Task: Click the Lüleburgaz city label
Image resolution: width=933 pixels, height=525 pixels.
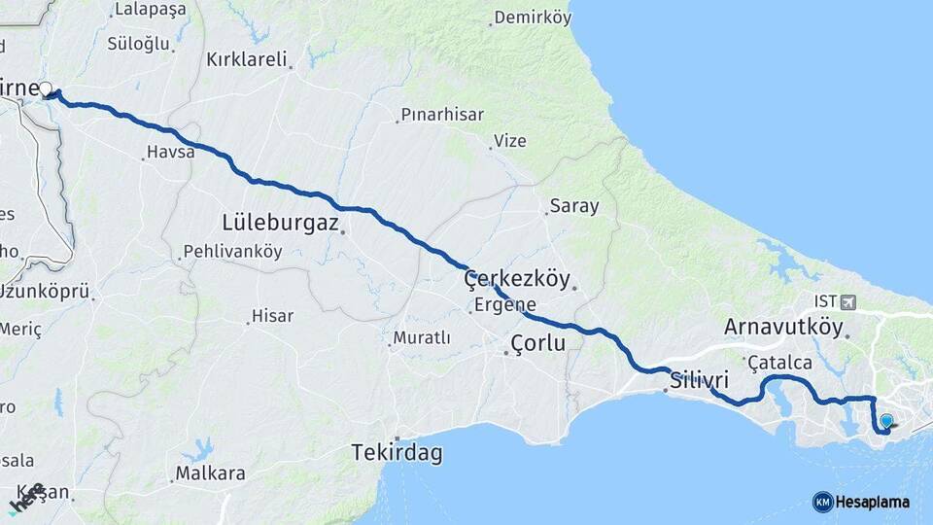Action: [280, 222]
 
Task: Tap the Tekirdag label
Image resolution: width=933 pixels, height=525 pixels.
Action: [397, 453]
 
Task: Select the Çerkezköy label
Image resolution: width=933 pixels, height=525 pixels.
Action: [516, 278]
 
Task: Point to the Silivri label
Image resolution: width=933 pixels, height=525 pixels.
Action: [699, 379]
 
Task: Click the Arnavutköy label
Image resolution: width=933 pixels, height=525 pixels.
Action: [783, 327]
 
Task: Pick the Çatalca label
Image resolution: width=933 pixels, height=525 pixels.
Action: [779, 363]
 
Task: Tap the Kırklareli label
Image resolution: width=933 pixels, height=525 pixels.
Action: [247, 59]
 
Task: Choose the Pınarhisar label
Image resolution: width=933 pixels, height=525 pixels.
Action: [443, 115]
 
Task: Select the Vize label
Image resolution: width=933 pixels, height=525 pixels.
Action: [510, 141]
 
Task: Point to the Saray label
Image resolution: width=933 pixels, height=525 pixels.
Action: [574, 206]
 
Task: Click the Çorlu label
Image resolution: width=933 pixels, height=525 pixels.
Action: [537, 343]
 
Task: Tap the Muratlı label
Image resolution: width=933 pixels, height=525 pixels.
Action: [422, 338]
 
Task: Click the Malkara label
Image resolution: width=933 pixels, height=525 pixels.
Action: [210, 473]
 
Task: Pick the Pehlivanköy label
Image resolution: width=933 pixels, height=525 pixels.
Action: [233, 251]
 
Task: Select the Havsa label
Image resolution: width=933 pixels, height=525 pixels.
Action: [170, 153]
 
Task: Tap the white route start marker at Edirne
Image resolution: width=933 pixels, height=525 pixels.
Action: [45, 89]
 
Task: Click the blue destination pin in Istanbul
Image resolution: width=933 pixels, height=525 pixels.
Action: [886, 421]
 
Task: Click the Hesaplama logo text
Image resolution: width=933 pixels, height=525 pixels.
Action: [872, 502]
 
